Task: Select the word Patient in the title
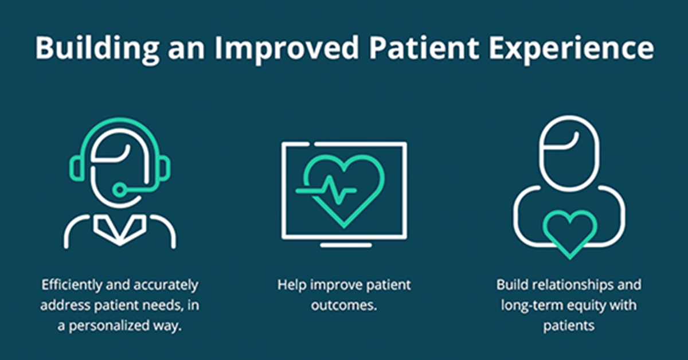point(424,48)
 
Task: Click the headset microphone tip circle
point(119,190)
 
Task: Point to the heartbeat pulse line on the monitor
point(326,190)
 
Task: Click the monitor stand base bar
point(346,245)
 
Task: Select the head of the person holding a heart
point(569,153)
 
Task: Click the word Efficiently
point(72,285)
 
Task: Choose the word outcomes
point(344,306)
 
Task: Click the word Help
point(292,285)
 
